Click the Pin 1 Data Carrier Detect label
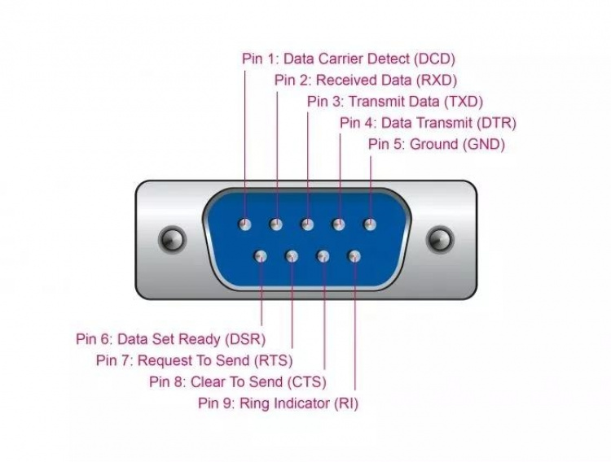point(348,59)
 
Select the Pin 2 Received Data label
point(365,80)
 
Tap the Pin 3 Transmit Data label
point(395,102)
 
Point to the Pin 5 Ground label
point(437,145)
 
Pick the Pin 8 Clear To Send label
point(237,381)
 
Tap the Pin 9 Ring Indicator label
point(278,403)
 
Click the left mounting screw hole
point(171,239)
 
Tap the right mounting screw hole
point(440,239)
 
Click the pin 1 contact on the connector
point(244,224)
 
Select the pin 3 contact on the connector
point(307,224)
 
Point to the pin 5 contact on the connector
point(370,224)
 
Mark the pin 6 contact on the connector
point(261,257)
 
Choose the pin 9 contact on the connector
point(354,257)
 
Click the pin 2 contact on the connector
point(276,224)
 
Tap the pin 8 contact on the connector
point(323,257)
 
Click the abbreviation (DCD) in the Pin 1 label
point(434,59)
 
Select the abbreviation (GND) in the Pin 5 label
point(484,145)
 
